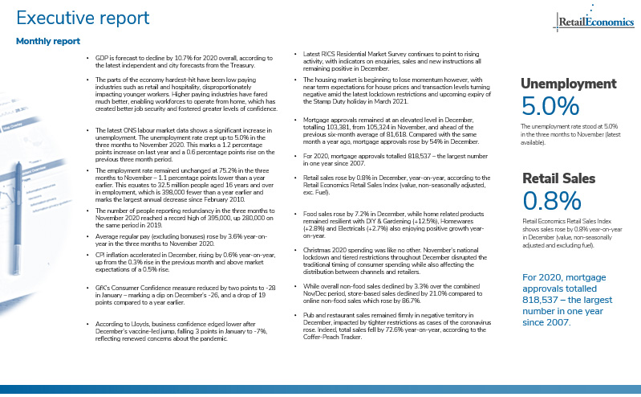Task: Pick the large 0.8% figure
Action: click(550, 200)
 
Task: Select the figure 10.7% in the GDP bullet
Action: click(182, 59)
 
